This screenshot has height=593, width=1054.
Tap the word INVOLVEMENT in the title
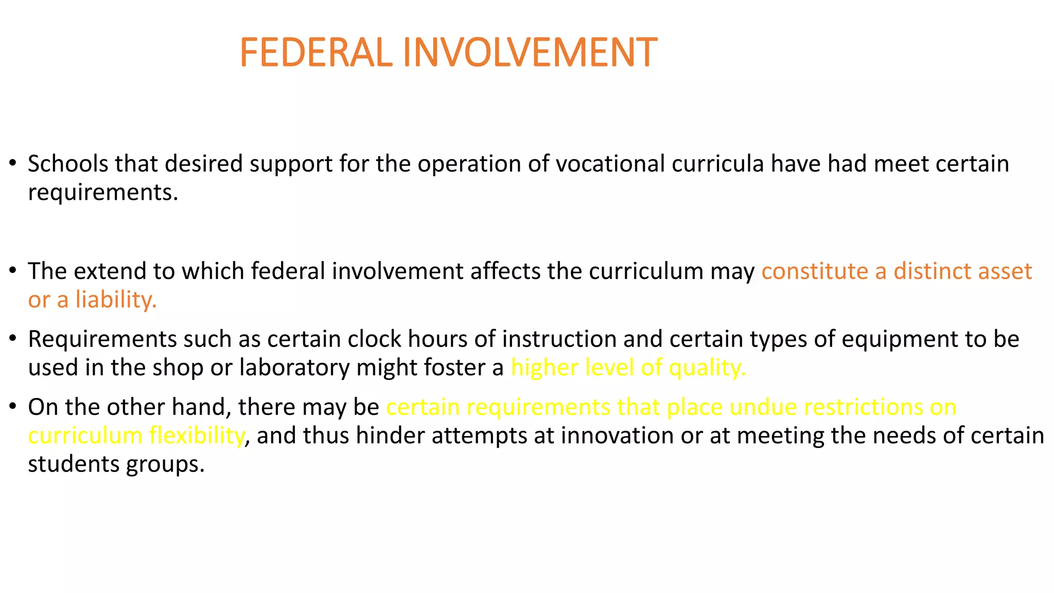530,53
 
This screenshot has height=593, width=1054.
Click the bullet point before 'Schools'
13,164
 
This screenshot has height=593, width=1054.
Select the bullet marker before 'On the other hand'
13,407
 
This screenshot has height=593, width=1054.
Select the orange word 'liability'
115,300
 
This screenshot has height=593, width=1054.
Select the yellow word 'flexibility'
196,435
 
